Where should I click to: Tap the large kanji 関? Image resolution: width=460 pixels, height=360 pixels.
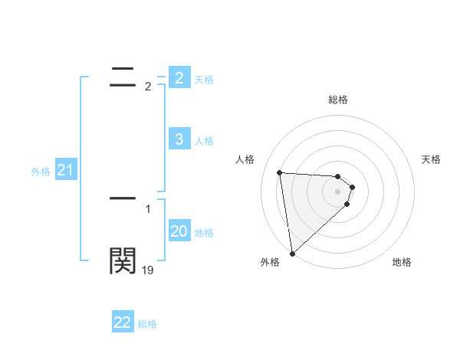pos(123,260)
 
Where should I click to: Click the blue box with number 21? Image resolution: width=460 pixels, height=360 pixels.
pos(65,171)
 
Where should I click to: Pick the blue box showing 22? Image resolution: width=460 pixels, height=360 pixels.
pos(123,322)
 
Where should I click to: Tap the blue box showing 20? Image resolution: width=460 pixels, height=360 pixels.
pos(179,231)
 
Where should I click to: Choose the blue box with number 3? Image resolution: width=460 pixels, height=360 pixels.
pos(179,139)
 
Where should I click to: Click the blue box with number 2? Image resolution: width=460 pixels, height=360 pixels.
pos(179,77)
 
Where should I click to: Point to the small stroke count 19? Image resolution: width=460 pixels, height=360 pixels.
pos(147,270)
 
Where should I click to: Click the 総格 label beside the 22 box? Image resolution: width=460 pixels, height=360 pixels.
pos(147,324)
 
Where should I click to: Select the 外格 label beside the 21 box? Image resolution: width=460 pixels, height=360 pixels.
pos(41,172)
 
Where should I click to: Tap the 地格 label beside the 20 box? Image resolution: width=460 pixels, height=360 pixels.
pos(204,232)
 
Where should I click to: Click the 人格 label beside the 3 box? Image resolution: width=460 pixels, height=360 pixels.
pos(204,140)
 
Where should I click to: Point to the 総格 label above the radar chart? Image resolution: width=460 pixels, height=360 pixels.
pos(338,100)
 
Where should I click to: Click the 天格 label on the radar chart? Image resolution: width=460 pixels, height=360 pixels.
pos(432,159)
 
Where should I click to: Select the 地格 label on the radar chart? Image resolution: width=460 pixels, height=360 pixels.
pos(402,262)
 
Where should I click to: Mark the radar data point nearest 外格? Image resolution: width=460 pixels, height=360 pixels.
pos(292,254)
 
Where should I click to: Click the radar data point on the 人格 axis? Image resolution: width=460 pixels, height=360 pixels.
pos(280,172)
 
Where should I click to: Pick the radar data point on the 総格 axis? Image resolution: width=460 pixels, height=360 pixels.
pos(338,176)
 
